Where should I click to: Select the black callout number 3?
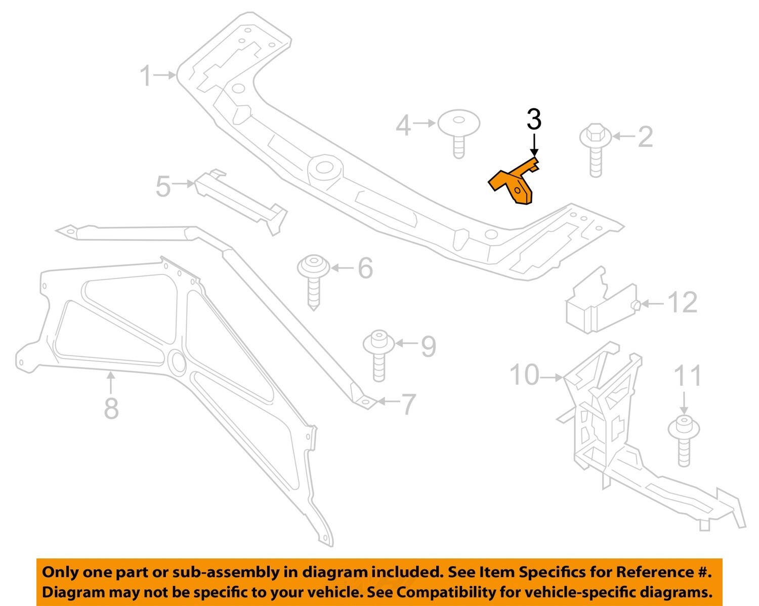pos(534,120)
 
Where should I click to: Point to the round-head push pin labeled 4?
pos(458,131)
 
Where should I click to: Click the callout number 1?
pos(145,76)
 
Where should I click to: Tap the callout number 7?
pos(408,404)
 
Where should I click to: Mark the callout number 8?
pos(111,408)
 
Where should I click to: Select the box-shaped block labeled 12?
pos(600,304)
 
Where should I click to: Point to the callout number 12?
pos(682,303)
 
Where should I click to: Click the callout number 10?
pos(524,376)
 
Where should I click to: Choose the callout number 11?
pos(687,376)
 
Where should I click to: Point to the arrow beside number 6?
pos(343,267)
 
